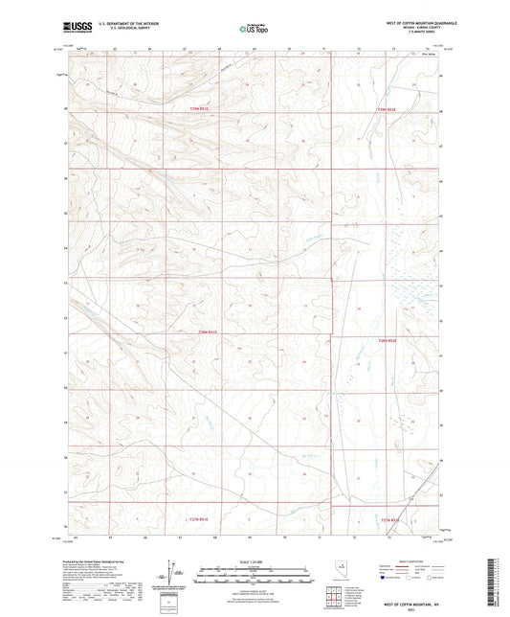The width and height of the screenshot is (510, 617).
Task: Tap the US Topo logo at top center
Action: pyautogui.click(x=254, y=30)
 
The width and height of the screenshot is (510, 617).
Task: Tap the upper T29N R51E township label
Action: pyautogui.click(x=195, y=109)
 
